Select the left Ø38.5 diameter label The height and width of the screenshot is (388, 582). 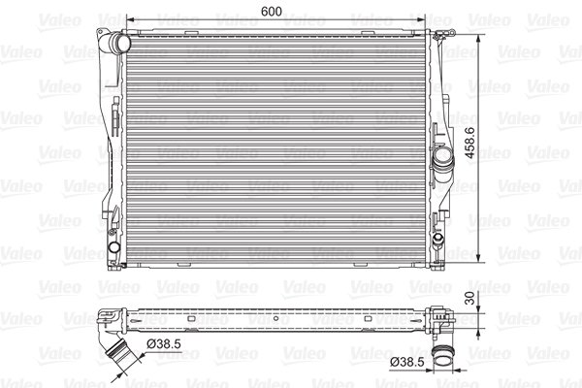click(x=162, y=343)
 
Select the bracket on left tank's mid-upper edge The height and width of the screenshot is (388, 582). click(x=113, y=121)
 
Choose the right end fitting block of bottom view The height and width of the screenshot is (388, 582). click(x=441, y=319)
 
